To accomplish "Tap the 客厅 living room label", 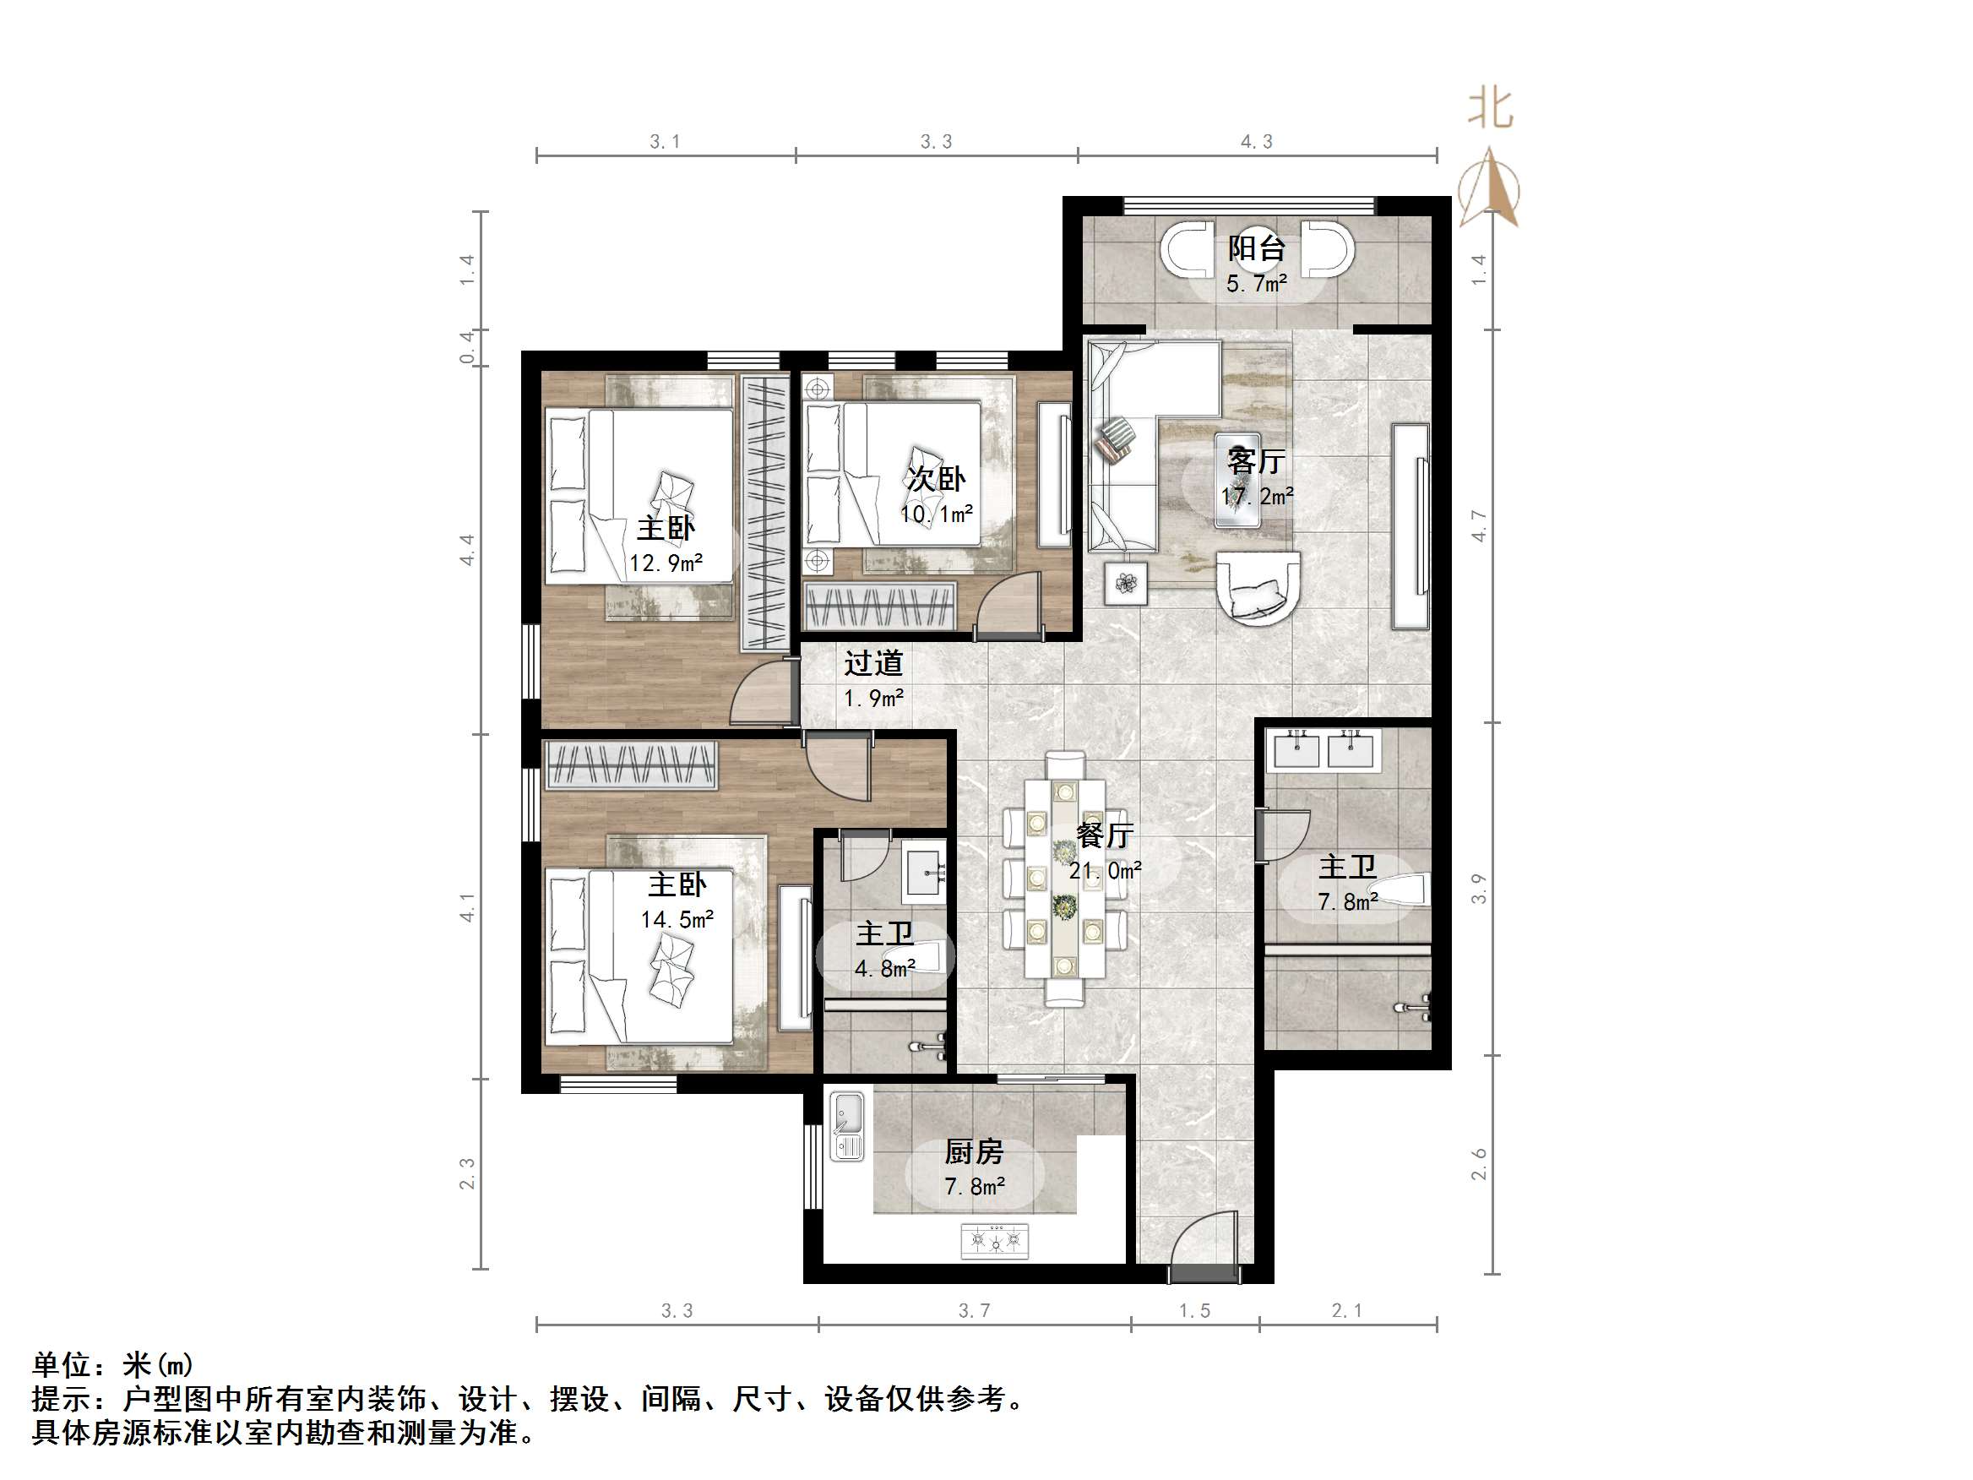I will pos(1256,460).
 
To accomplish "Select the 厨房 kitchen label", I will pos(974,1151).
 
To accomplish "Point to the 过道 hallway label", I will pos(873,663).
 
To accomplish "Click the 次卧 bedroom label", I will pos(936,479).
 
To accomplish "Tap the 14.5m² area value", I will pos(677,920).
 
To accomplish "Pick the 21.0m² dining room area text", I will pos(1105,871).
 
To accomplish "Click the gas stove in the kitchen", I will pos(995,1241).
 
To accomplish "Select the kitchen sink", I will pos(847,1127).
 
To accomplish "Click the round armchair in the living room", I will pos(1258,585).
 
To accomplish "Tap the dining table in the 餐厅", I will pos(1064,879).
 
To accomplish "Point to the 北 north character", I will pos(1491,110).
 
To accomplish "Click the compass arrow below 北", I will pos(1490,189).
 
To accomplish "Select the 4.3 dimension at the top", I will pos(1257,141).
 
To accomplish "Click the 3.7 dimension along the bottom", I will pos(974,1310).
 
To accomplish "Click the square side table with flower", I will pos(1127,584).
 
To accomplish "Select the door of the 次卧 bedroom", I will pos(1008,607).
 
